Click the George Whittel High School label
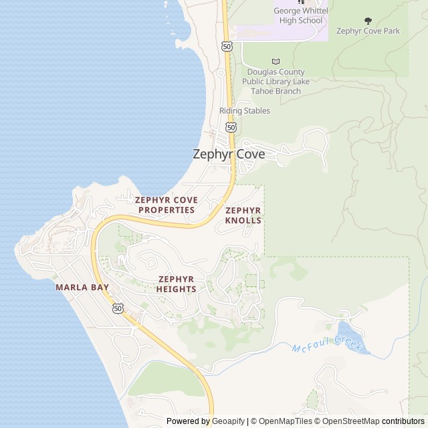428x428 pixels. (x=298, y=15)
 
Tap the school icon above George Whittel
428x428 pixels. (x=300, y=2)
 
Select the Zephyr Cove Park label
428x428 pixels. (x=368, y=31)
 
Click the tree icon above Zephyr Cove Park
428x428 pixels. (x=368, y=21)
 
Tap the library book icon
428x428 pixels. (x=276, y=62)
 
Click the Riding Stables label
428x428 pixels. (x=245, y=111)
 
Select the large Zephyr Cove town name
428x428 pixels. (x=229, y=154)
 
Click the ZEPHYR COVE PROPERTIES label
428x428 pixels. (x=166, y=205)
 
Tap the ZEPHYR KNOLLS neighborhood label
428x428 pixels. (x=243, y=215)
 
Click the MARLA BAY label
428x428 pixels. (x=82, y=287)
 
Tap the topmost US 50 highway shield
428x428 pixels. (x=227, y=46)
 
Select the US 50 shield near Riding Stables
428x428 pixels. (x=231, y=126)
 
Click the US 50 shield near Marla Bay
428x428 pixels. (x=118, y=308)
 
